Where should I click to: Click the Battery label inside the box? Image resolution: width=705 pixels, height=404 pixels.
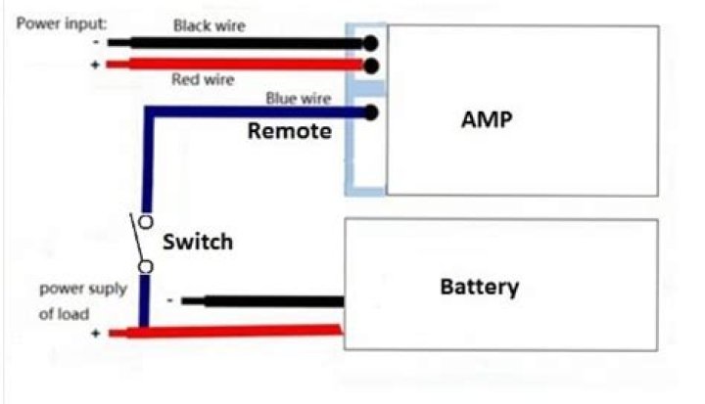coord(479,288)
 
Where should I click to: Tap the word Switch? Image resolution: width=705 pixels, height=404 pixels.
coord(198,241)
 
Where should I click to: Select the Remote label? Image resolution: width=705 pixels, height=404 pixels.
coord(289,131)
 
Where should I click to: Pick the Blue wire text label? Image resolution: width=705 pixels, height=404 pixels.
coord(298,98)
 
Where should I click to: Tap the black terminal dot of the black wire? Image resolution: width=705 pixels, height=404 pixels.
coord(370,43)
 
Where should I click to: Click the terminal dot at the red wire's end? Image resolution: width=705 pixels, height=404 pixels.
coord(370,66)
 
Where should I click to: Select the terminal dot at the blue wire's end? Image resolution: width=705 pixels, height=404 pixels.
coord(370,112)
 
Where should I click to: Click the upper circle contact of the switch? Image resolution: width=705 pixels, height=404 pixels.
coord(145,221)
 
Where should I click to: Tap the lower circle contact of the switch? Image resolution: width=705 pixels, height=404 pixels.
coord(145,266)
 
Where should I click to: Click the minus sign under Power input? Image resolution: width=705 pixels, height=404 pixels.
coord(95,43)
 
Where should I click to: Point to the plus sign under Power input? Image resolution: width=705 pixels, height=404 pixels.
coord(95,65)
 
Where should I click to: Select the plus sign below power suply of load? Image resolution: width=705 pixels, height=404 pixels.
coord(95,334)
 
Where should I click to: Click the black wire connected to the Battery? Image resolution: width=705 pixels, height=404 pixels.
coord(264,301)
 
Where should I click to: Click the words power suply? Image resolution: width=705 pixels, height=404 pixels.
coord(72,290)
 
